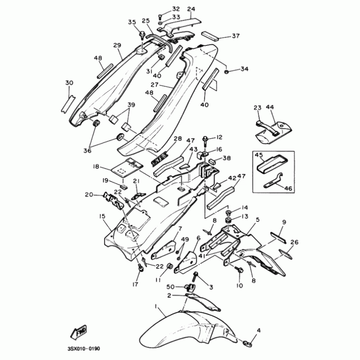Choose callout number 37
(235, 36)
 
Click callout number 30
(69, 83)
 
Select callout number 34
(244, 69)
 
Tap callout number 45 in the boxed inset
(259, 156)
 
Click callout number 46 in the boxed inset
(288, 189)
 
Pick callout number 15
(102, 216)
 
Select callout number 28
(178, 139)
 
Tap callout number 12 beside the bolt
(219, 137)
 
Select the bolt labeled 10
(239, 269)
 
